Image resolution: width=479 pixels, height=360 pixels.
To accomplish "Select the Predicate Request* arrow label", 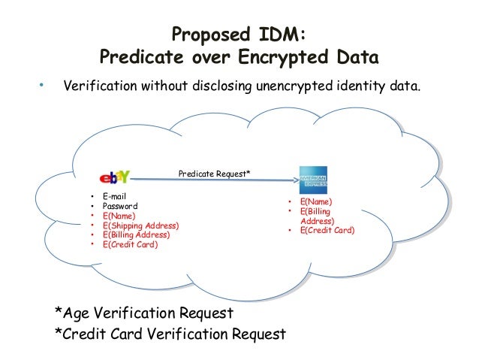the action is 214,173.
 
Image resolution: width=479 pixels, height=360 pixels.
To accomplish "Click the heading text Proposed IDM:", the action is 239,35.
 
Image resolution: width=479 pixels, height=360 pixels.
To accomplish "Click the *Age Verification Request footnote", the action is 144,313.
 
